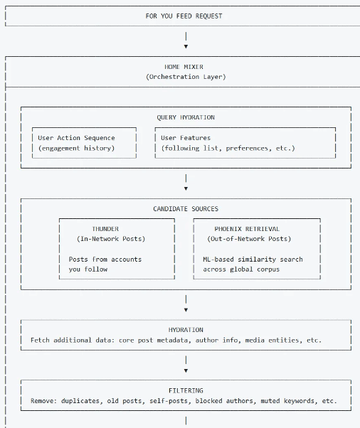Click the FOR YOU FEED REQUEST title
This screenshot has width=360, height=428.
(x=184, y=16)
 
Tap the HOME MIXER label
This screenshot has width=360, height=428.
(x=184, y=67)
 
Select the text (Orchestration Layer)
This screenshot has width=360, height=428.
(x=186, y=77)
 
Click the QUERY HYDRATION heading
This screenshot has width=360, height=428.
(x=186, y=117)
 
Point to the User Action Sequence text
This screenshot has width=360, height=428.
(x=76, y=138)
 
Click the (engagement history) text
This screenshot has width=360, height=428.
(x=76, y=148)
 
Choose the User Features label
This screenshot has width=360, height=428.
(x=186, y=138)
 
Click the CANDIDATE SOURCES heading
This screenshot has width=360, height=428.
(x=186, y=209)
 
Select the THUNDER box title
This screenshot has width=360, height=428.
(x=105, y=229)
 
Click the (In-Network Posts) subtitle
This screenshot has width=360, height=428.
(x=111, y=239)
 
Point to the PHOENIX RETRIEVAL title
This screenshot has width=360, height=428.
(x=247, y=229)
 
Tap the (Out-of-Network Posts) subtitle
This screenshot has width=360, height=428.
(x=249, y=239)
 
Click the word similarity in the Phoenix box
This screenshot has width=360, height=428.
(x=257, y=260)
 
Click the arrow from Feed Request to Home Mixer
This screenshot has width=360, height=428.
(x=186, y=40)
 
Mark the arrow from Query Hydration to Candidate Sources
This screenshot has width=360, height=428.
(x=186, y=182)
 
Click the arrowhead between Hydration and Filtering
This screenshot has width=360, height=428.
(x=186, y=370)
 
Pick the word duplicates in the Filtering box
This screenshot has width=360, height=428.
(x=82, y=401)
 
